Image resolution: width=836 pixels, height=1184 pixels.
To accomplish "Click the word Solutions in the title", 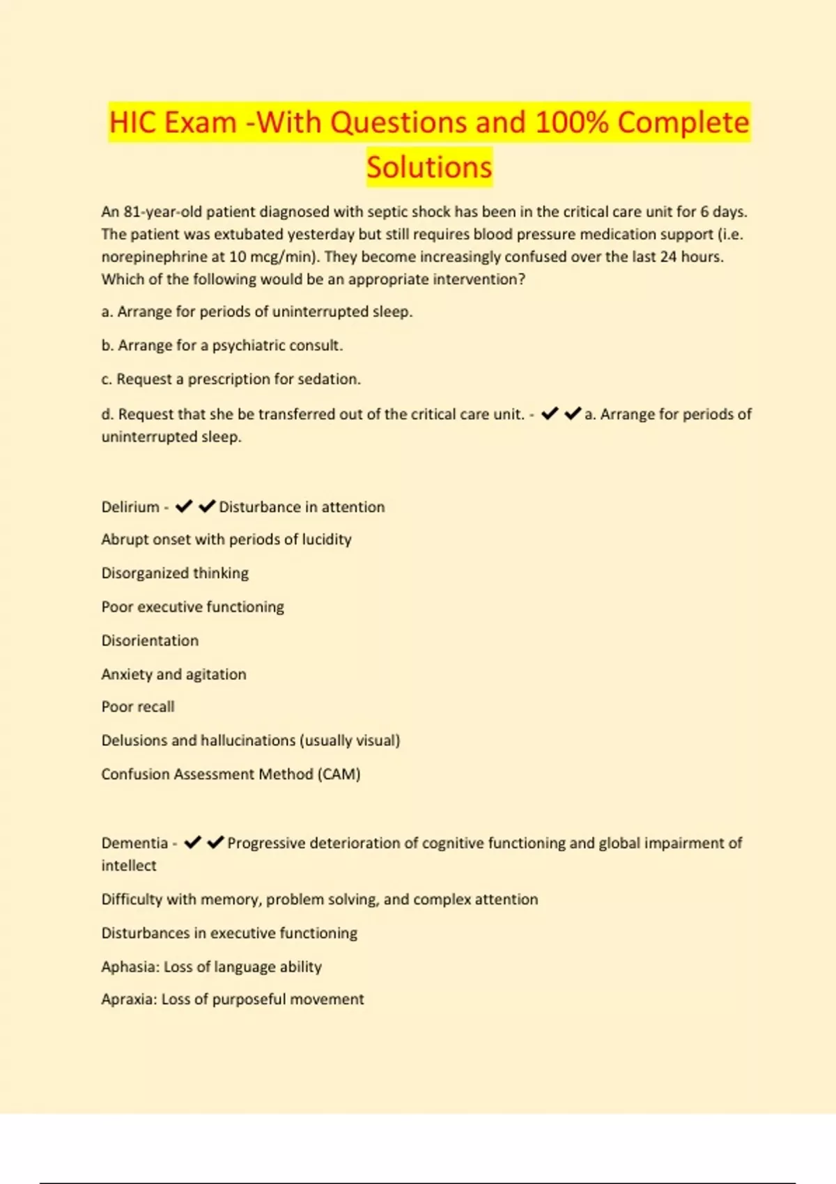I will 429,167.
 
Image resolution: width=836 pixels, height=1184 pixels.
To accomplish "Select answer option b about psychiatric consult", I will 222,345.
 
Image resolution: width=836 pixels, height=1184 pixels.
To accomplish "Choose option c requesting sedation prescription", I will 231,379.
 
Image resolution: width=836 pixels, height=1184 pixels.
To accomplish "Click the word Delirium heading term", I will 130,507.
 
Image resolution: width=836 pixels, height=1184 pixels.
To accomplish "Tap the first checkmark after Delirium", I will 184,506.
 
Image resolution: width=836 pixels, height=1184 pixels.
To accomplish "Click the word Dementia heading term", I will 134,843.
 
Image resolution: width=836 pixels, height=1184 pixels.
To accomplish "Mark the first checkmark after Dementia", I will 192,843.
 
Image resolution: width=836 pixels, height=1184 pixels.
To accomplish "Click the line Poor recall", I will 138,707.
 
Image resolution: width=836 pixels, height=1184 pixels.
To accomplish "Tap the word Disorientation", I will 150,641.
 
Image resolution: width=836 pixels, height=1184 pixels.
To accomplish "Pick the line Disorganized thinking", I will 175,573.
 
